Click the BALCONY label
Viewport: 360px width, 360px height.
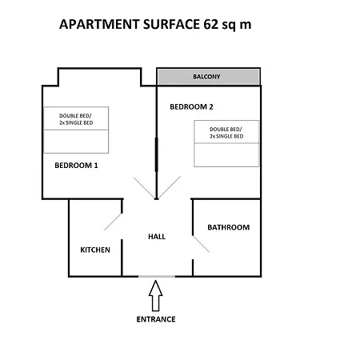point(206,77)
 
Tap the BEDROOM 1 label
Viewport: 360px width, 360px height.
point(76,166)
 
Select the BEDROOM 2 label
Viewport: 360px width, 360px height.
point(191,106)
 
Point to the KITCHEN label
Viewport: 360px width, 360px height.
point(95,250)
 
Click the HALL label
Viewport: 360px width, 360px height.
point(157,237)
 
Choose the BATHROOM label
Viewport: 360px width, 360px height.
point(229,227)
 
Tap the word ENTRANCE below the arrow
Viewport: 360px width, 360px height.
point(156,319)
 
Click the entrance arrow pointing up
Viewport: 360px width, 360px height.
point(156,296)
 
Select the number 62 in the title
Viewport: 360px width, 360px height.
point(211,24)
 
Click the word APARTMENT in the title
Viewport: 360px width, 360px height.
point(99,24)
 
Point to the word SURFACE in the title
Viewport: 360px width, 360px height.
point(171,24)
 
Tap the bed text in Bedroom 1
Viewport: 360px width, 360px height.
point(76,119)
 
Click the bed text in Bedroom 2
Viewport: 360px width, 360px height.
point(226,133)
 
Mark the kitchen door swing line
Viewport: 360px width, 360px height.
point(113,222)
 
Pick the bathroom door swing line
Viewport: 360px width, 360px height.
point(201,244)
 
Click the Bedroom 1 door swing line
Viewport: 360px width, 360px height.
point(144,188)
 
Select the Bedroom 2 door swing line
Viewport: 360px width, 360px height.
point(170,187)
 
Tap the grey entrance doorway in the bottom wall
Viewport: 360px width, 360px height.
point(157,277)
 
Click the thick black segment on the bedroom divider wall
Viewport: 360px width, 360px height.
point(157,154)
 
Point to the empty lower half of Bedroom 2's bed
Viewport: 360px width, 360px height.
point(226,155)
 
